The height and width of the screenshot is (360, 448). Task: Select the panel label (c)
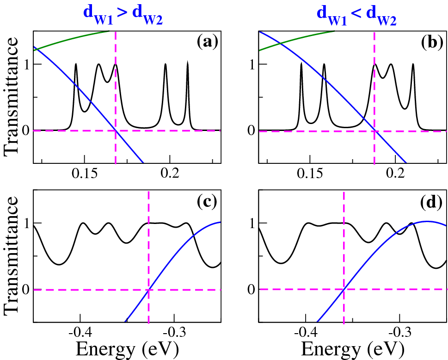coord(207,202)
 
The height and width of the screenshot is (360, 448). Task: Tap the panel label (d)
coord(432,202)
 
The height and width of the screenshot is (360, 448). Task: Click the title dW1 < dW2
coord(356,12)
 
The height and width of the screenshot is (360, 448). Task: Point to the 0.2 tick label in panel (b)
coord(396,173)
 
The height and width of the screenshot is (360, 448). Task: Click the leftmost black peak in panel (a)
coord(76,64)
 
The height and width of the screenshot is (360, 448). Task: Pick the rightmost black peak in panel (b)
coord(413,64)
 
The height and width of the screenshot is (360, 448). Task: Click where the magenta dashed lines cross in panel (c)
coord(148,290)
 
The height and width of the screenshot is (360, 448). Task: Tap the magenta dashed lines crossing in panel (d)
coord(344,290)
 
